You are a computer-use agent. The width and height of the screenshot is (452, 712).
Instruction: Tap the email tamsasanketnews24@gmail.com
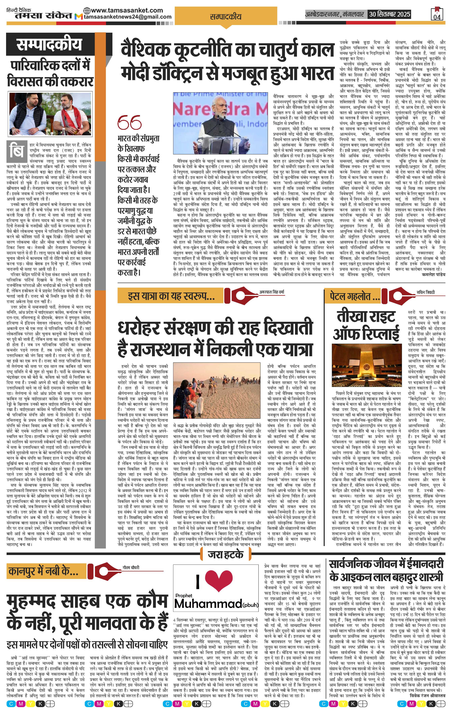(x=128, y=17)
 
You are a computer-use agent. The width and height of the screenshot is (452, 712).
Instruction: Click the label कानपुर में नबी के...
(x=43, y=571)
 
